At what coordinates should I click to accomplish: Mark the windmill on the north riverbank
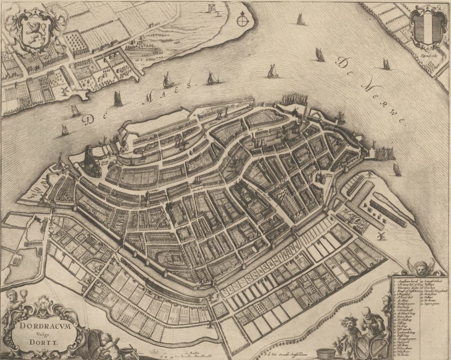(65, 91)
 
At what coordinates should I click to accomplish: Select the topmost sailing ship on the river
(300, 19)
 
